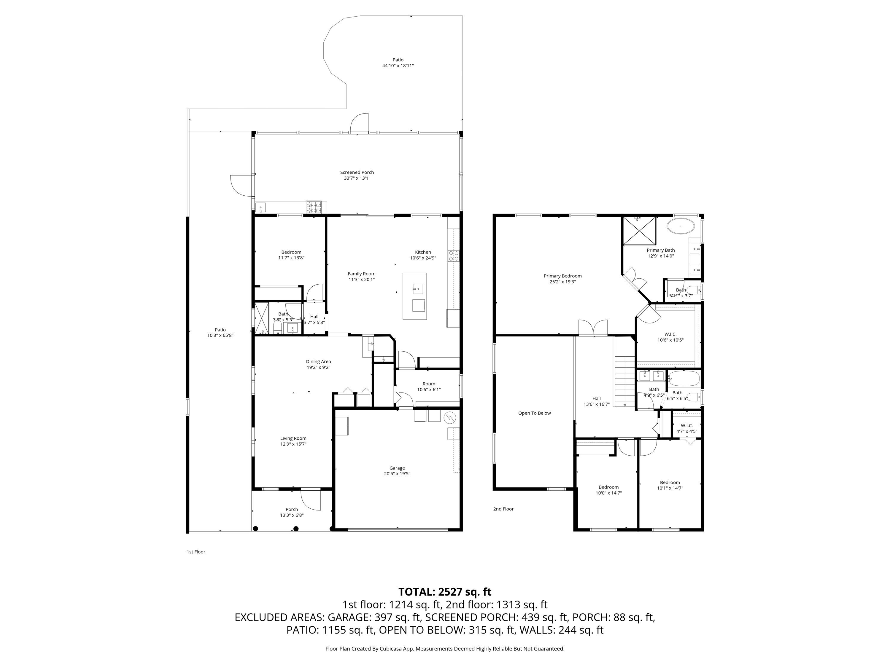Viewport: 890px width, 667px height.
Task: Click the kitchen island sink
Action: (x=418, y=288)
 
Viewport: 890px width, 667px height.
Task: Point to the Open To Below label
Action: (x=534, y=413)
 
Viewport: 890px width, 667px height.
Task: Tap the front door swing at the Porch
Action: (x=311, y=500)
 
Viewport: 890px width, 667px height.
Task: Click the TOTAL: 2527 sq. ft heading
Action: (x=445, y=592)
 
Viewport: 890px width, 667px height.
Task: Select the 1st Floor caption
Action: (x=196, y=552)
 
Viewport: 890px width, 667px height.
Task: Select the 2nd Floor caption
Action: (x=503, y=509)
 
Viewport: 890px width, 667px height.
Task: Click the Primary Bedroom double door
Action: (x=593, y=327)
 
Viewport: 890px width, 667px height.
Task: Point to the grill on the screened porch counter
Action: (x=314, y=207)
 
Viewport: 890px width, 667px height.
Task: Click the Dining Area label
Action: (x=318, y=361)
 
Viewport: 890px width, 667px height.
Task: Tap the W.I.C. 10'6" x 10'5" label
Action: (x=670, y=337)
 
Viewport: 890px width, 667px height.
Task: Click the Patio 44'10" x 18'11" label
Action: (x=398, y=63)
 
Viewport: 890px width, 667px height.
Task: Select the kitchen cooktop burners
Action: (x=453, y=256)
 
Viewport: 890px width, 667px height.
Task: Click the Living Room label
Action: (x=293, y=438)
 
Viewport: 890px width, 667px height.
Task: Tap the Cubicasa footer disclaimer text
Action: (x=445, y=649)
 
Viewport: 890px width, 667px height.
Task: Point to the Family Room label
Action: (x=361, y=274)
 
